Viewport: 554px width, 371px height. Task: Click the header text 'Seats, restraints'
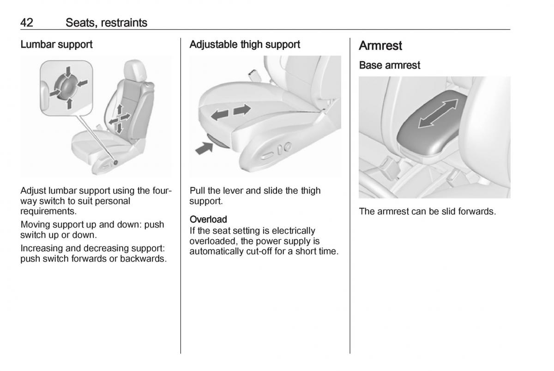click(106, 22)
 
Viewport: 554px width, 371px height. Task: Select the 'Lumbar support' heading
click(56, 45)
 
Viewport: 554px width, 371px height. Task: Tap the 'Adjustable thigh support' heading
click(245, 45)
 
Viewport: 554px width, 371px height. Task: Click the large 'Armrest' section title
click(380, 46)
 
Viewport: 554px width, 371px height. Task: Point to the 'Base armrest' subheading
click(390, 66)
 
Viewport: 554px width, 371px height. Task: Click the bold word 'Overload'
click(208, 219)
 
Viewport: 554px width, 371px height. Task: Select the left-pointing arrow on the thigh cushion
click(219, 115)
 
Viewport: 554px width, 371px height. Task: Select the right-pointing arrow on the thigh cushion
click(242, 110)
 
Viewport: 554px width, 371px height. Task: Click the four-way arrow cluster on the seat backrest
click(119, 119)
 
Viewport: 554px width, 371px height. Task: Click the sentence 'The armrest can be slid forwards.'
click(427, 212)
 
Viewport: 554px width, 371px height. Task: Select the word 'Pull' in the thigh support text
click(197, 191)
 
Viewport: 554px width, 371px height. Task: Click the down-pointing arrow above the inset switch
click(68, 72)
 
